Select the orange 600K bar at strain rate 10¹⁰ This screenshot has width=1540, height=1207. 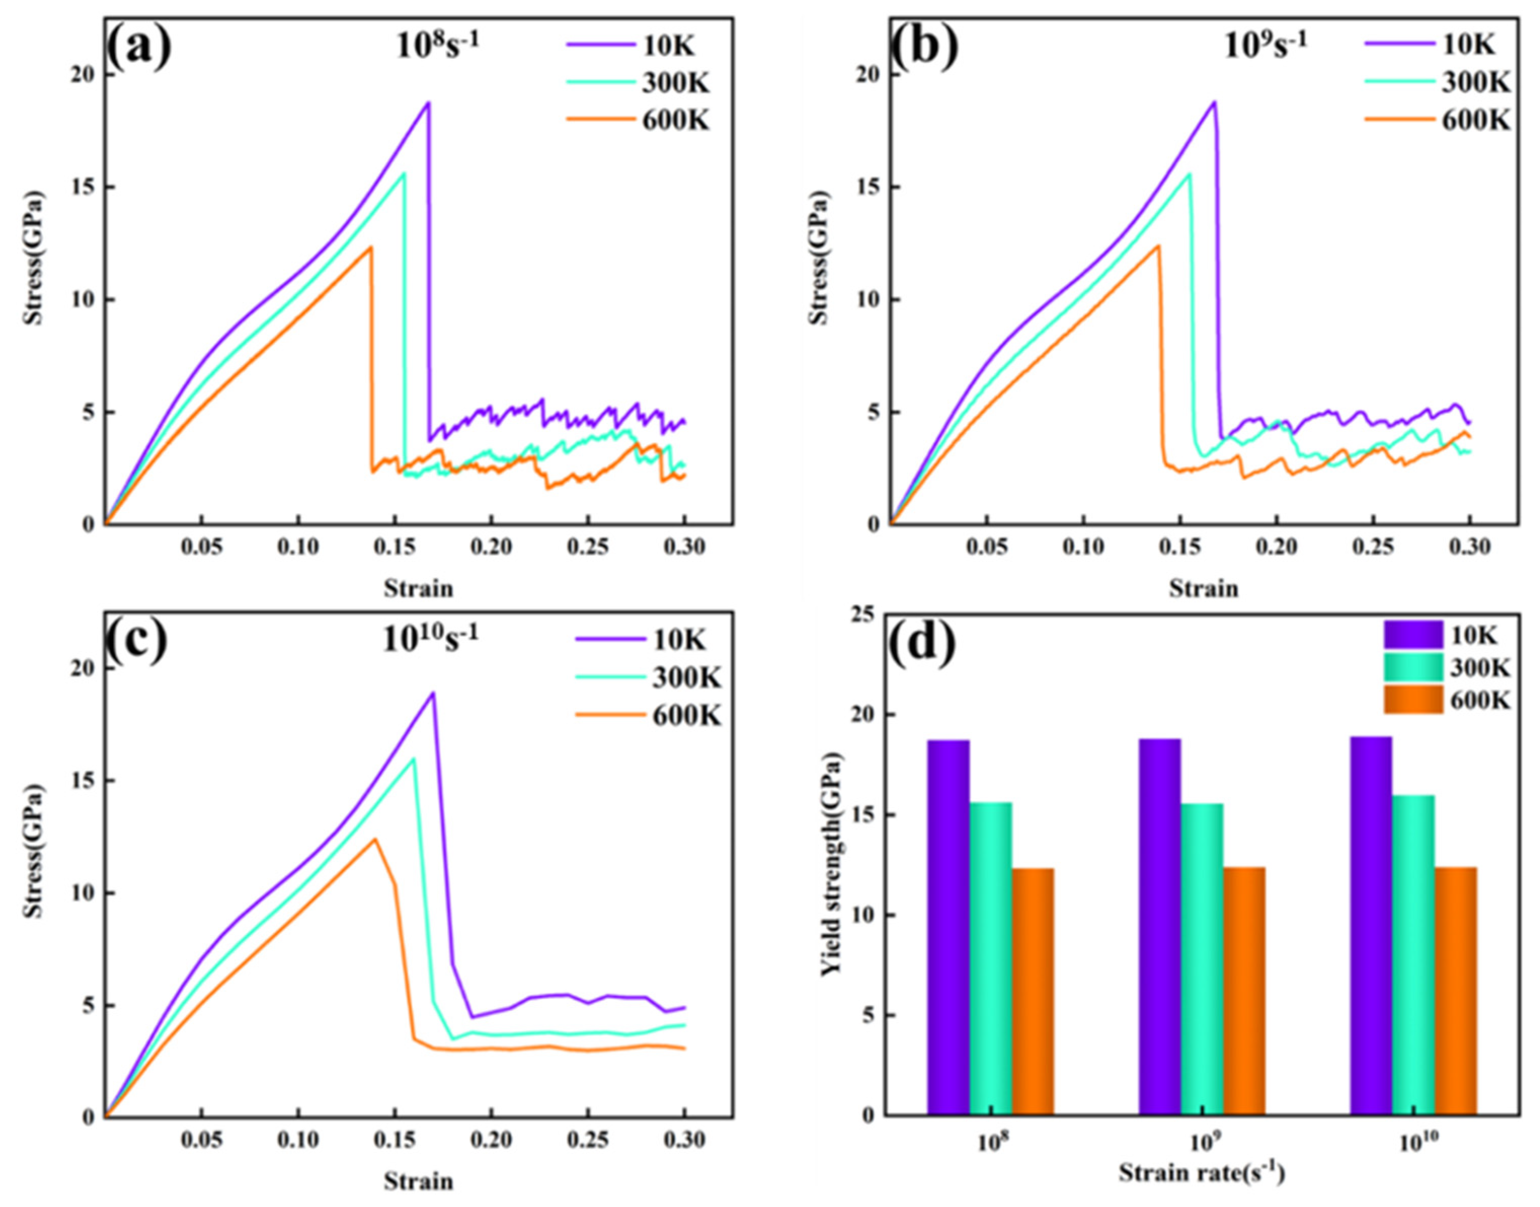point(1455,991)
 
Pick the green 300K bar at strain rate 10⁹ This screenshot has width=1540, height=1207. point(1202,959)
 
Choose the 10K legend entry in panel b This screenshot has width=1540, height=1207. point(1468,45)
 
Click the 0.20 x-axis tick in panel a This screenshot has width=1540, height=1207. point(491,547)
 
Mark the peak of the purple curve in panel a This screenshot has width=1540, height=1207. point(427,103)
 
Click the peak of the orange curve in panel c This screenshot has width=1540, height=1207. point(375,839)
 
